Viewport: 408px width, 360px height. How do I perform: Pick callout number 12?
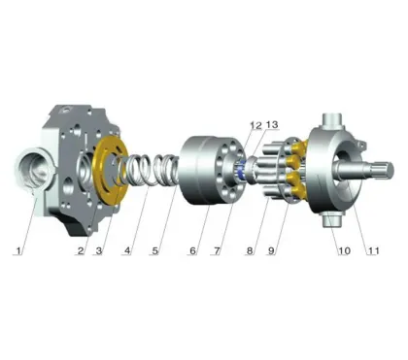[x=255, y=125]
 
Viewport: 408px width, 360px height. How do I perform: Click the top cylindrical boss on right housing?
[x=329, y=129]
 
